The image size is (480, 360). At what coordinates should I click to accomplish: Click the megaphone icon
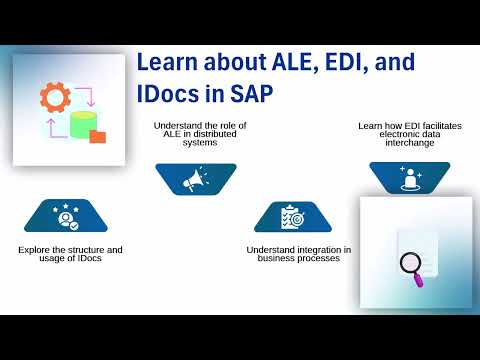coord(195,178)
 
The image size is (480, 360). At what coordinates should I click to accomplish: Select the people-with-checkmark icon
coord(66,216)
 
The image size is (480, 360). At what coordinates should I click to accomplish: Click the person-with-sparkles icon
coord(409,178)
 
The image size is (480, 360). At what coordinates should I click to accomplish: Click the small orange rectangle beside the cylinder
coord(97,136)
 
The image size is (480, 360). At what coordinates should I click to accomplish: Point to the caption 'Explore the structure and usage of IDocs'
coord(70,253)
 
